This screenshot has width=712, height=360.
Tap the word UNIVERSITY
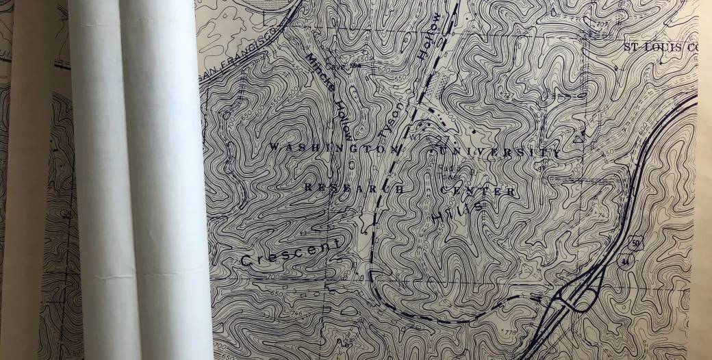(x=495, y=151)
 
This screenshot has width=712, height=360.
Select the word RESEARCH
(x=353, y=188)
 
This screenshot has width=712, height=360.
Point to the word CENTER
(x=479, y=190)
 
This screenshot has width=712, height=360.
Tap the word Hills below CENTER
(x=457, y=211)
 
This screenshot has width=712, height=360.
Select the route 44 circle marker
(x=624, y=261)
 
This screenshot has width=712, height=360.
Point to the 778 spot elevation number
(x=510, y=333)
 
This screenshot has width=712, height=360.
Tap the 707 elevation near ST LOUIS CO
(x=602, y=25)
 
